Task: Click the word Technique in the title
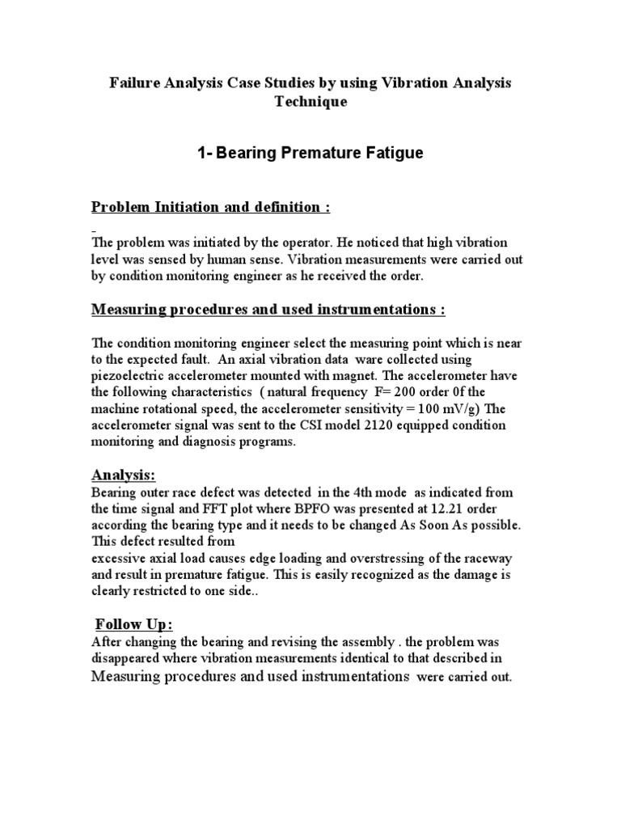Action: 310,103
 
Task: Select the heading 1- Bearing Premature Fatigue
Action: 310,154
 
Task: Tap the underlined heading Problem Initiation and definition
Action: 210,207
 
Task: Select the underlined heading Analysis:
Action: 124,476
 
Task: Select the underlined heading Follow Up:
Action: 134,625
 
